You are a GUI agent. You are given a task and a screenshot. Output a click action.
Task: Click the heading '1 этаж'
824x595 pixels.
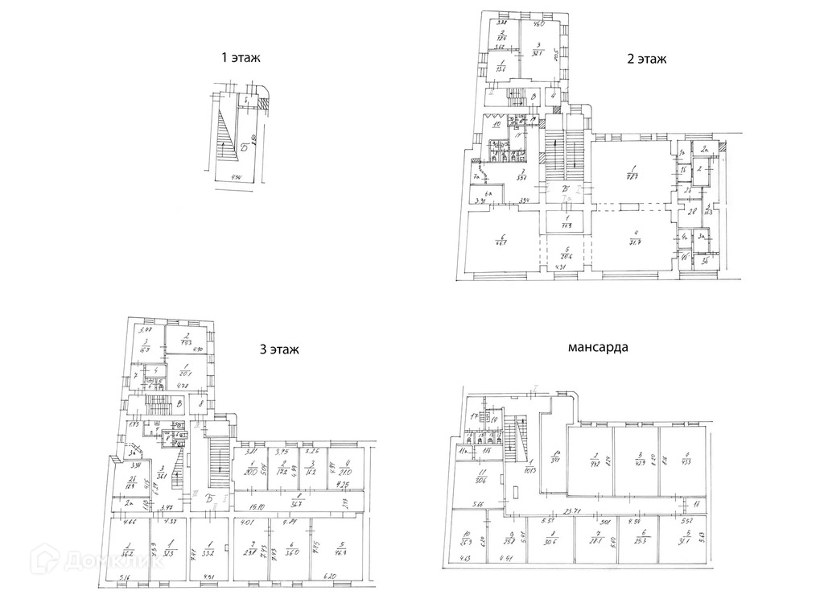tap(242, 58)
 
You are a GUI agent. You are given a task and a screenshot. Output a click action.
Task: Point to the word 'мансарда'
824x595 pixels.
tap(598, 349)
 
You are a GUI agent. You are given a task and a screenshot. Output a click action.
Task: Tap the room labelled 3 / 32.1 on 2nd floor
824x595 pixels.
tap(543, 50)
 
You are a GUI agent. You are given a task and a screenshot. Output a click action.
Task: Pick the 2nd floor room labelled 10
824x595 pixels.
tap(496, 125)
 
